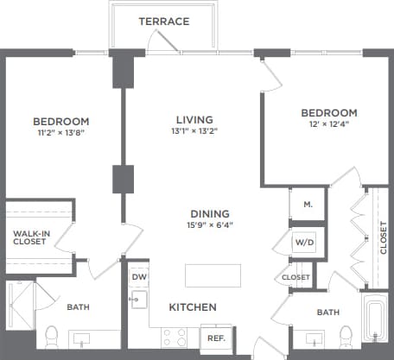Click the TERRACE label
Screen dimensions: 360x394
(x=163, y=21)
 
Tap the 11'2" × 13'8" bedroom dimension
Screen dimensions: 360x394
(x=60, y=134)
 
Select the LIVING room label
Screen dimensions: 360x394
(x=191, y=119)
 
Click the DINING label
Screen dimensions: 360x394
(x=210, y=213)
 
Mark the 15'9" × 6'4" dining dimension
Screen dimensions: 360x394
(x=210, y=226)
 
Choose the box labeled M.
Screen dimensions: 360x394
(x=307, y=205)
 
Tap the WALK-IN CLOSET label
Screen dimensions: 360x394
(x=29, y=236)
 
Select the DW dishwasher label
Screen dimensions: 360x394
(x=139, y=277)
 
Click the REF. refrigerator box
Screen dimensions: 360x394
(x=213, y=338)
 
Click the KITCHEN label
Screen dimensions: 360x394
(x=192, y=307)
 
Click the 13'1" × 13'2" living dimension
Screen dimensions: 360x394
(x=191, y=132)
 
